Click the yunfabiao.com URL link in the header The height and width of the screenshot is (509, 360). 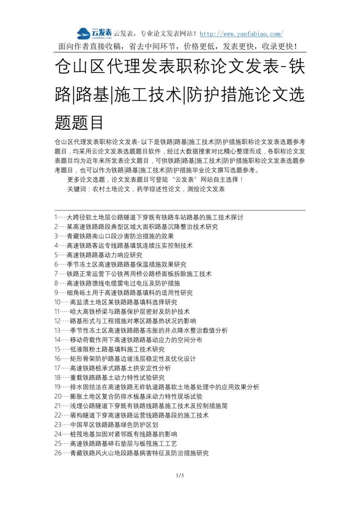pos(241,34)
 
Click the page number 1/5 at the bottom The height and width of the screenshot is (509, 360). pos(180,476)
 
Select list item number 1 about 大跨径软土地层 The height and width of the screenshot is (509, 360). pos(148,217)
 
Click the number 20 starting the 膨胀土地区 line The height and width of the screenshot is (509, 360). pos(58,396)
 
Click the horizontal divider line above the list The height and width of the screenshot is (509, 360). pos(180,210)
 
